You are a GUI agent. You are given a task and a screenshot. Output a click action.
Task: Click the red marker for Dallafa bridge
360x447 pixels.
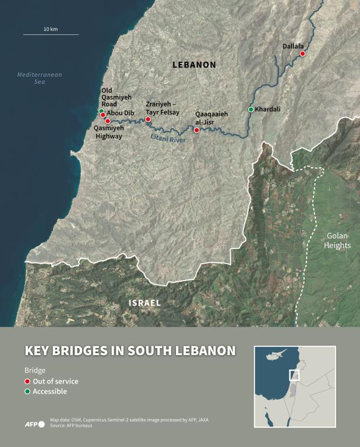click(302, 54)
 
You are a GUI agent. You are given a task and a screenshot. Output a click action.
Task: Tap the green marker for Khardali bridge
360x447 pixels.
click(250, 109)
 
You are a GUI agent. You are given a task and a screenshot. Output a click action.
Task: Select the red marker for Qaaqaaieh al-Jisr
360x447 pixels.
click(196, 130)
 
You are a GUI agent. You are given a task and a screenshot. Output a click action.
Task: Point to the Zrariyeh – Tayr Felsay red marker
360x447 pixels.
click(148, 119)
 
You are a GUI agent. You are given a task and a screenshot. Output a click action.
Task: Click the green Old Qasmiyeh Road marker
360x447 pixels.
click(101, 111)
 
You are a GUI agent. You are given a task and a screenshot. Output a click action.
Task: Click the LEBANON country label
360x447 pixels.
click(194, 65)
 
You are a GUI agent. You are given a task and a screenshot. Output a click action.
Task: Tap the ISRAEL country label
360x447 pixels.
click(144, 303)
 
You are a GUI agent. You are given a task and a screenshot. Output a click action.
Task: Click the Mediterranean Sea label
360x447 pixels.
click(40, 78)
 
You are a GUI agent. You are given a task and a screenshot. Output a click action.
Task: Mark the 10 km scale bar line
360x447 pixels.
click(51, 35)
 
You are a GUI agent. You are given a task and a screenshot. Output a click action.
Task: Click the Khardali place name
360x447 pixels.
click(268, 109)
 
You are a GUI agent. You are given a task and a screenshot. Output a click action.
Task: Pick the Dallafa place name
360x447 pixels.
click(294, 45)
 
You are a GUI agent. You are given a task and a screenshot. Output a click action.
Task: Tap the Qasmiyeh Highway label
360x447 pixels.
click(108, 132)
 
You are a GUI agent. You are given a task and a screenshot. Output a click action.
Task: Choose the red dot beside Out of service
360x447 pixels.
click(27, 381)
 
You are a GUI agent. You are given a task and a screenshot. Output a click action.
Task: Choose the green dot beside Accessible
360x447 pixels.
click(27, 392)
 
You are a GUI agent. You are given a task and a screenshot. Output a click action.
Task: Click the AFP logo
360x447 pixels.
click(34, 424)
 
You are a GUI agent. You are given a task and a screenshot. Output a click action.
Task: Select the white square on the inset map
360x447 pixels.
click(294, 375)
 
